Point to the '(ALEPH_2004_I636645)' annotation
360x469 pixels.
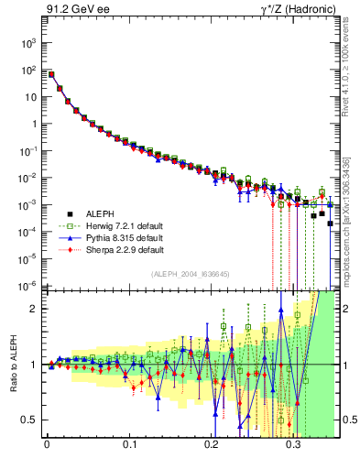click(191, 275)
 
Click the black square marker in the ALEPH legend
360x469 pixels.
click(65, 212)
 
